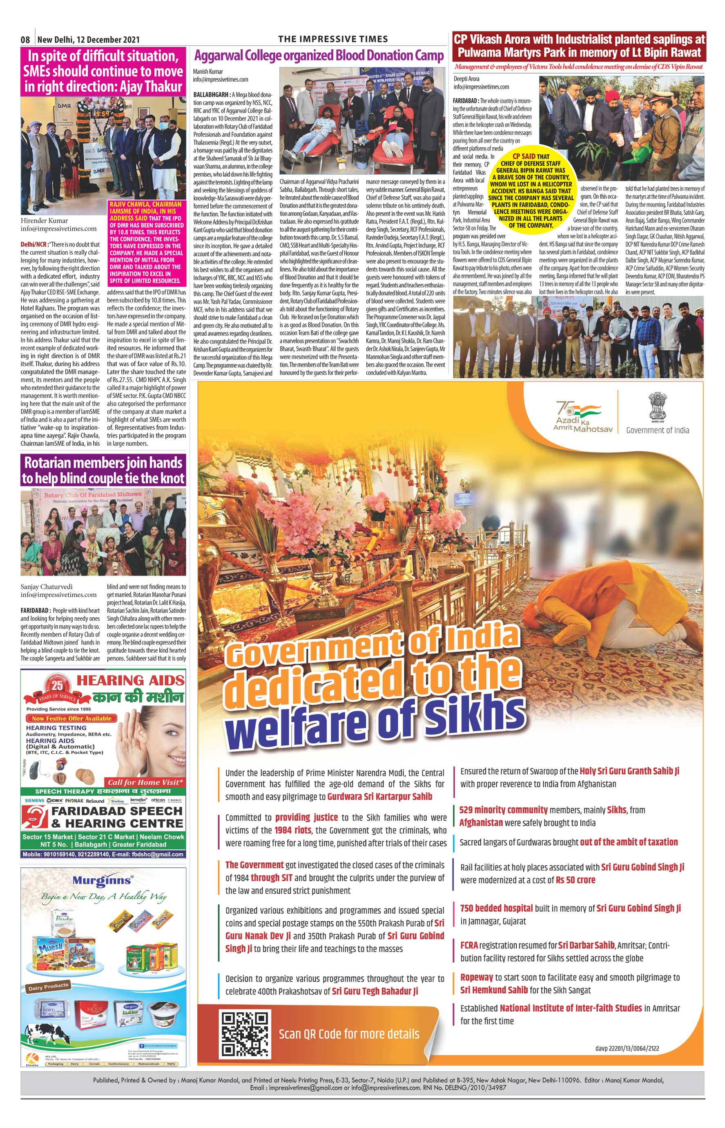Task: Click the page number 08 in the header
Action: [x=25, y=40]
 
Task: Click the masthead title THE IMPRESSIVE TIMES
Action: [x=333, y=39]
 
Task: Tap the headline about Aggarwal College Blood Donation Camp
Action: [x=319, y=56]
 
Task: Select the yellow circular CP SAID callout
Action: [x=531, y=191]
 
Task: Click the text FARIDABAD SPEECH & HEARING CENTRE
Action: [x=117, y=817]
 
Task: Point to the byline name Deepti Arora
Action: [x=466, y=79]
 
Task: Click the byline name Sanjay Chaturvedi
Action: [x=47, y=586]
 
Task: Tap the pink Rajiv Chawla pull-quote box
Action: [x=146, y=243]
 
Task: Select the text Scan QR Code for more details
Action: [x=349, y=1034]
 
